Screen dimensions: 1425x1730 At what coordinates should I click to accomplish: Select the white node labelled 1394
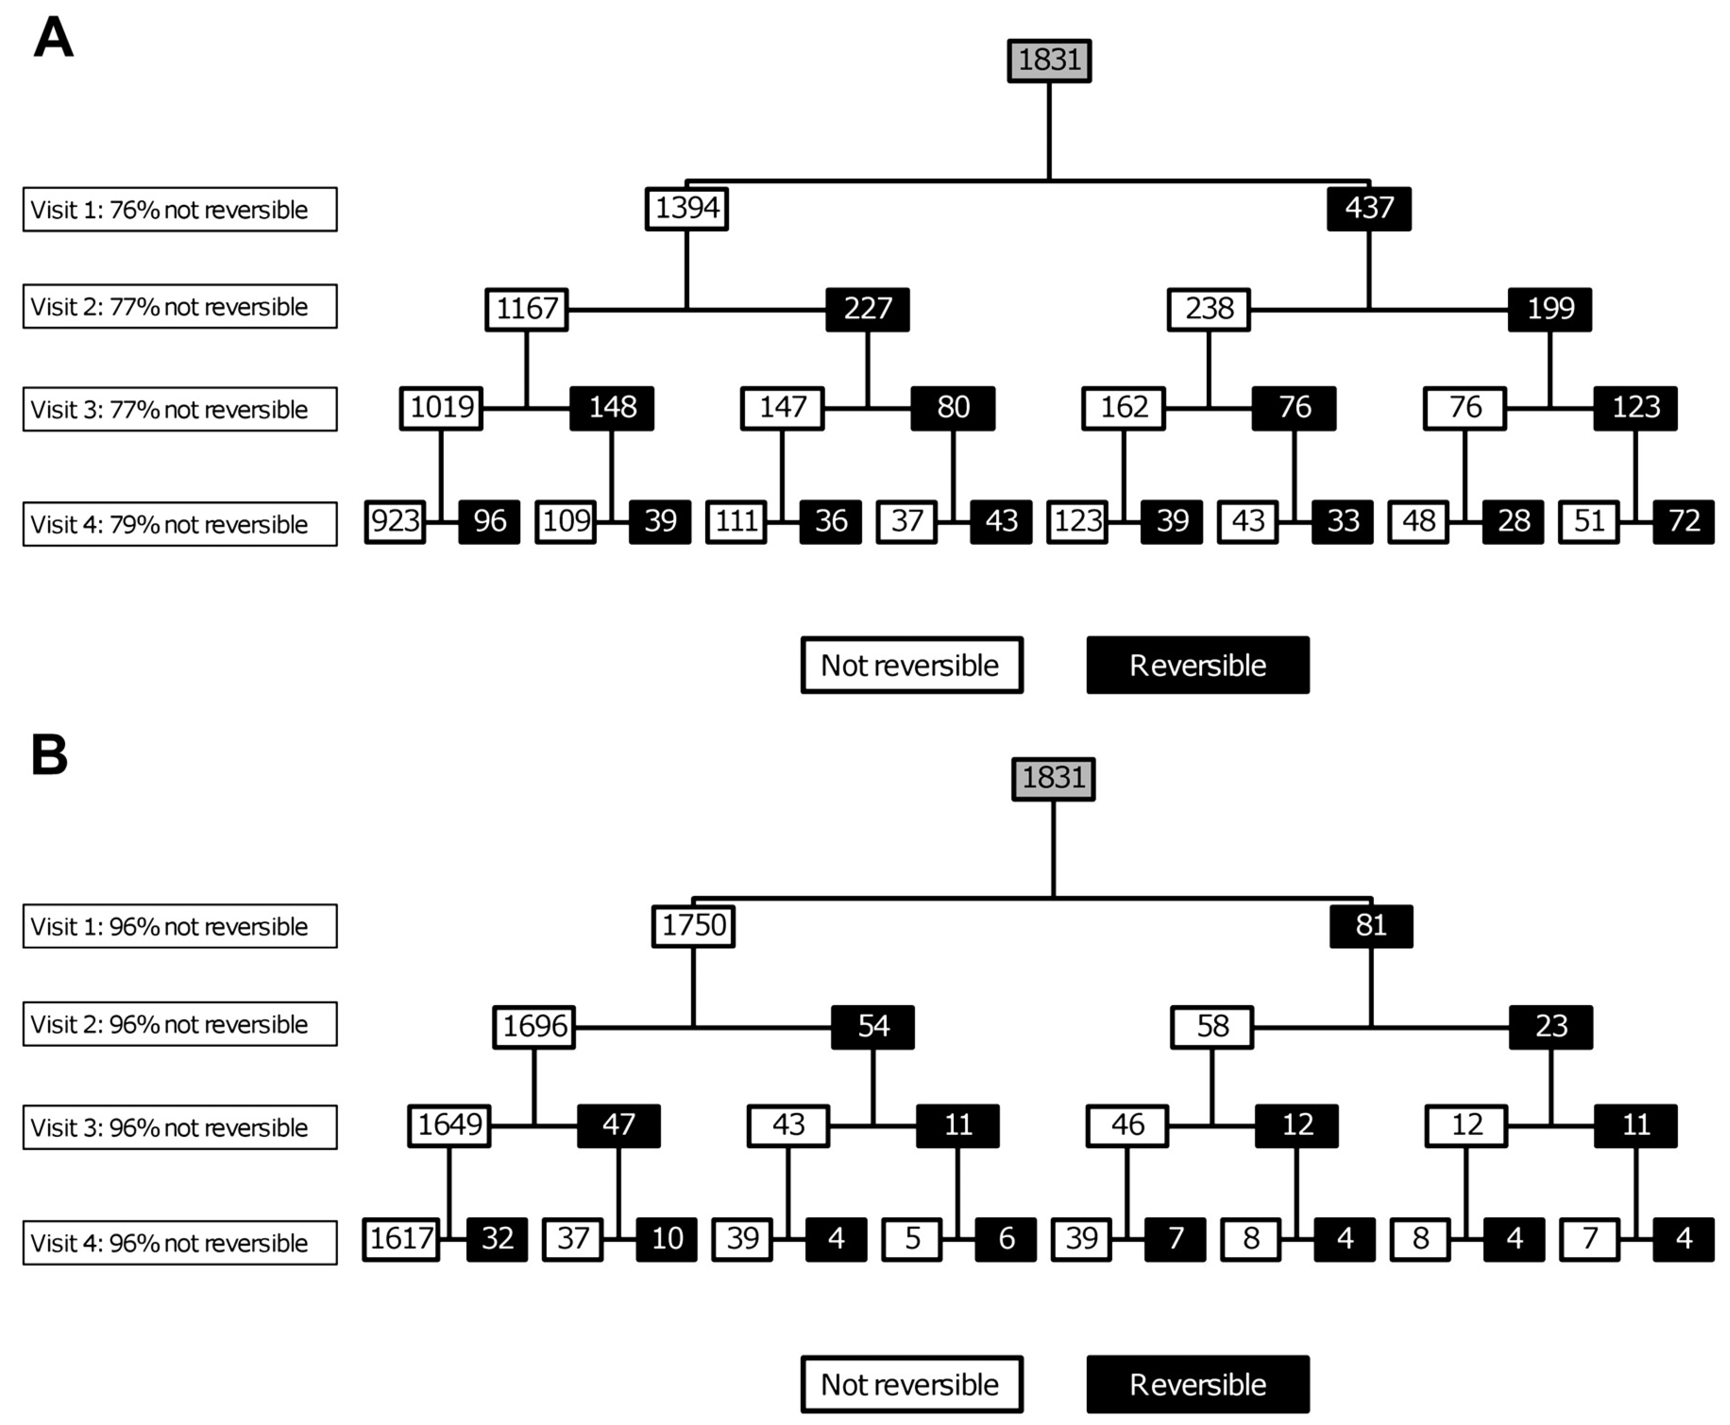pos(686,209)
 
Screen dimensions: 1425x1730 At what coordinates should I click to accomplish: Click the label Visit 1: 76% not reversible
pos(180,210)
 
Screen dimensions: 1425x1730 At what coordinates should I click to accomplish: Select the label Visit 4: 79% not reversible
pos(180,524)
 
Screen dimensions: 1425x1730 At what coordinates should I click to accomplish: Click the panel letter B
pos(49,754)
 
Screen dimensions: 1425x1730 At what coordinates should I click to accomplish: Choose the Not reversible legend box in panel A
pos(912,665)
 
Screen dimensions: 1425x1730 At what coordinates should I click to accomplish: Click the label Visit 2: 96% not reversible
pos(180,1024)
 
